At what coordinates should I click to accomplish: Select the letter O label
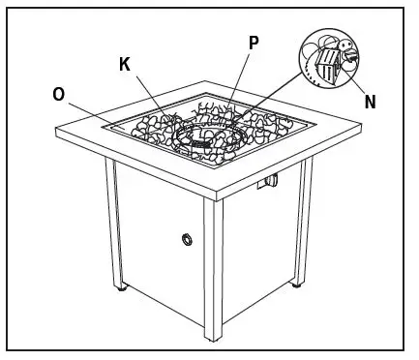[x=60, y=94]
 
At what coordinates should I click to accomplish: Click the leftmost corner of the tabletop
[x=56, y=128]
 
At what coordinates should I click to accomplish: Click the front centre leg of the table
[x=214, y=271]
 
